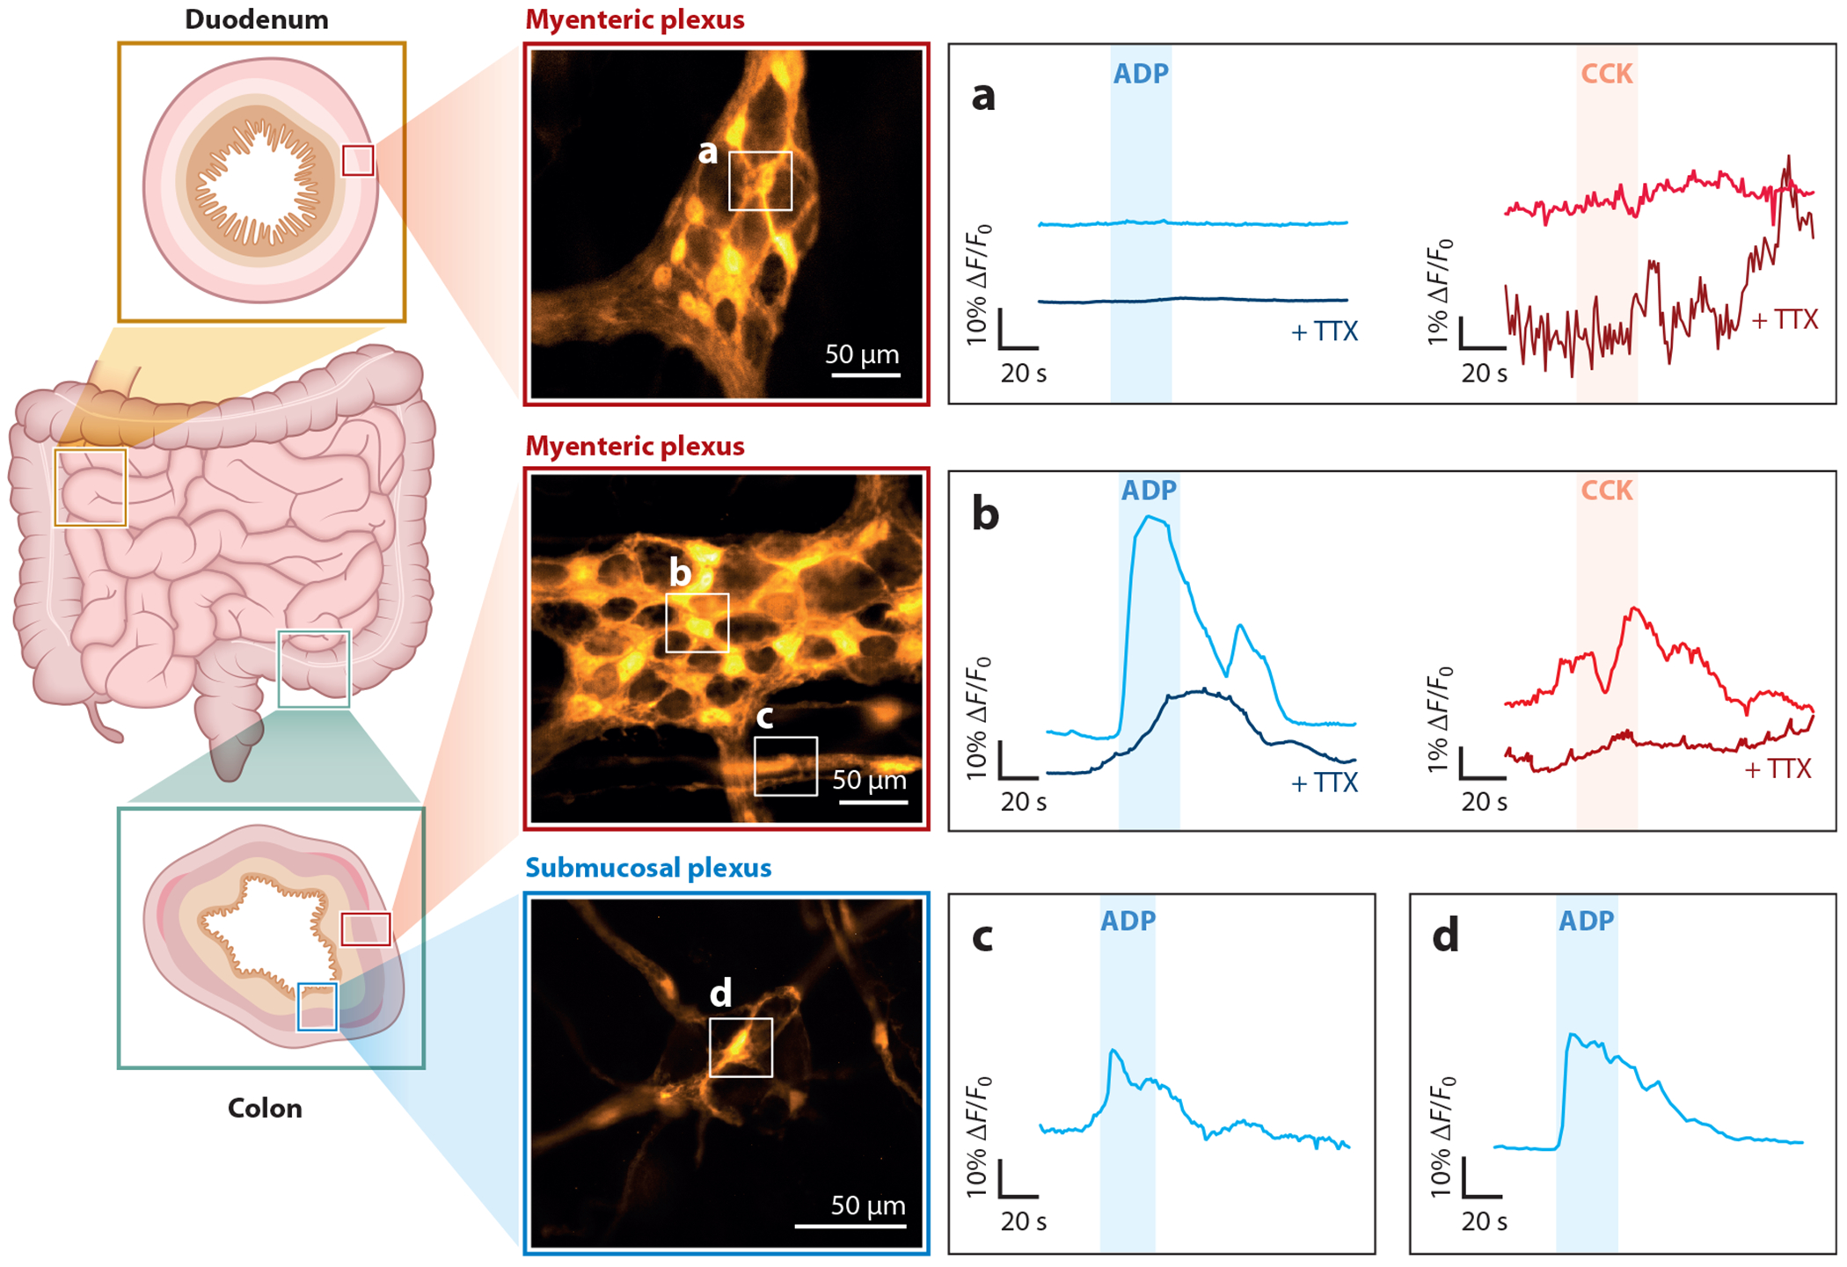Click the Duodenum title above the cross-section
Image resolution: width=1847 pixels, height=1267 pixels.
click(256, 19)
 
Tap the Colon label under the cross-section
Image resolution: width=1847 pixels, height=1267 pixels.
click(265, 1108)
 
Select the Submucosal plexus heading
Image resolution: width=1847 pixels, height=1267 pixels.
click(648, 868)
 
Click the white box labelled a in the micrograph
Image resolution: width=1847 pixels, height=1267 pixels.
click(760, 180)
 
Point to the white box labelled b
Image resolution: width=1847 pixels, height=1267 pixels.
click(697, 623)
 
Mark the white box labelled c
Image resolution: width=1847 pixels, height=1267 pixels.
click(785, 766)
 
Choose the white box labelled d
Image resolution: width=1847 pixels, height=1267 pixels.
click(741, 1047)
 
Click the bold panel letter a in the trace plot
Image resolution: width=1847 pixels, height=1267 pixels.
click(983, 95)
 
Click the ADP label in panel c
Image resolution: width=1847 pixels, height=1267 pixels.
click(1128, 921)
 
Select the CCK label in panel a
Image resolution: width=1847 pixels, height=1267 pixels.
click(1606, 74)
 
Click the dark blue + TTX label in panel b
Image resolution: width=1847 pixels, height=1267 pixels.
click(1324, 783)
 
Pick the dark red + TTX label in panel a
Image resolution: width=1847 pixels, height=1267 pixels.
click(1784, 319)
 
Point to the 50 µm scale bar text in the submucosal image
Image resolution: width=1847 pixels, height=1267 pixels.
click(868, 1205)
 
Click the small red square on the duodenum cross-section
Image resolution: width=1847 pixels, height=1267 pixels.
click(358, 161)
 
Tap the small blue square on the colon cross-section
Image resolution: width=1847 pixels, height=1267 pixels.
click(317, 1007)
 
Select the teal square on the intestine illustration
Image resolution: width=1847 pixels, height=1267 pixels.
click(314, 669)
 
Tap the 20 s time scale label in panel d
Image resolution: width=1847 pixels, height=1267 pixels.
click(1484, 1221)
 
